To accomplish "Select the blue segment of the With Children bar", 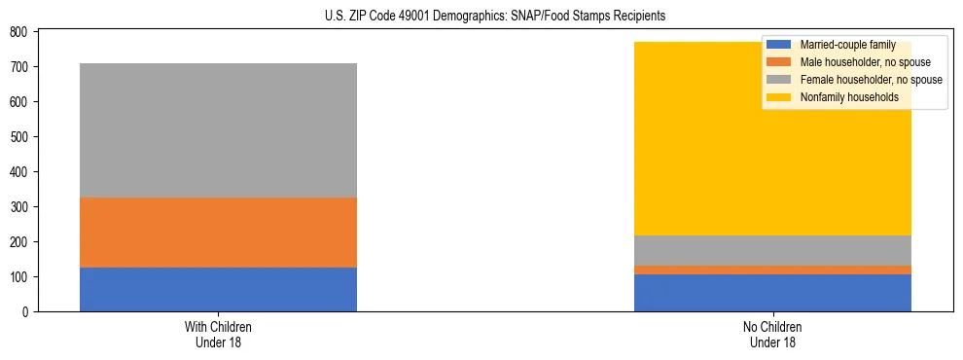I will pyautogui.click(x=218, y=289).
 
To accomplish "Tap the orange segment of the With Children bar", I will pyautogui.click(x=218, y=233).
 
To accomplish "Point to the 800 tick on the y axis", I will pyautogui.click(x=19, y=32).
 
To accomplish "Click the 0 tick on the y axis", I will pyautogui.click(x=26, y=312).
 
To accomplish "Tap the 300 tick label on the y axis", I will pyautogui.click(x=19, y=207).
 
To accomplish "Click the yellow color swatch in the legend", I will pyautogui.click(x=779, y=97).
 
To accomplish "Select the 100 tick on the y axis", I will pyautogui.click(x=19, y=277).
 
